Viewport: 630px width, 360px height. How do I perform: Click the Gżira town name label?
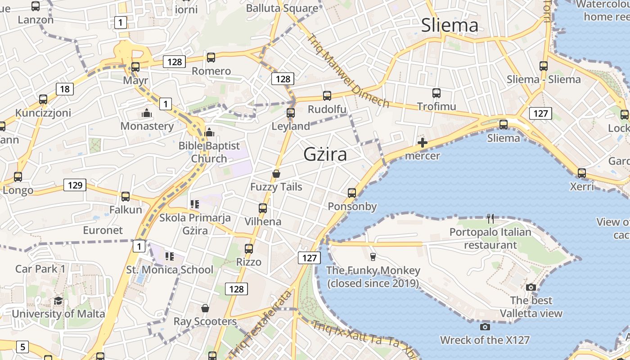click(x=325, y=154)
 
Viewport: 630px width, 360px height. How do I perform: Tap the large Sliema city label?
click(x=450, y=25)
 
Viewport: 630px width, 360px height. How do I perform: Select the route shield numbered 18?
click(x=65, y=89)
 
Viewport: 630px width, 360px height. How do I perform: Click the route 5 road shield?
click(x=22, y=347)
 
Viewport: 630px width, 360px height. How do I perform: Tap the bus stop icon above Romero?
click(x=211, y=58)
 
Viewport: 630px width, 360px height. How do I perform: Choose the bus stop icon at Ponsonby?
click(x=352, y=193)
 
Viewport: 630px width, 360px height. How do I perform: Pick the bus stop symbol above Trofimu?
click(x=436, y=93)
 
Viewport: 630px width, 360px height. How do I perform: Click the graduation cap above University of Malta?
click(x=58, y=301)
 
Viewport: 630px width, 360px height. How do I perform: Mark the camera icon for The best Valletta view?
click(x=531, y=287)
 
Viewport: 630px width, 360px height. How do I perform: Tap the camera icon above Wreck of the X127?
click(x=485, y=327)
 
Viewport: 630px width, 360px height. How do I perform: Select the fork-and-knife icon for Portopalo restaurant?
click(x=490, y=219)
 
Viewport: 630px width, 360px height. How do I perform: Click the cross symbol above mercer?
click(x=422, y=143)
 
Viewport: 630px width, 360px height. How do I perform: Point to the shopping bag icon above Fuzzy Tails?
click(x=276, y=174)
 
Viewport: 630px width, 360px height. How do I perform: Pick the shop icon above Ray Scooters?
click(x=205, y=308)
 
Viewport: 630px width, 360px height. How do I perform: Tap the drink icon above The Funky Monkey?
click(x=373, y=257)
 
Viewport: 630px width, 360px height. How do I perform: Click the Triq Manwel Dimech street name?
click(x=348, y=71)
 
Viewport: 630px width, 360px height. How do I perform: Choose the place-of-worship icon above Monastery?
click(x=147, y=113)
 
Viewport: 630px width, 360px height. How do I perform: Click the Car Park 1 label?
click(x=40, y=269)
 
